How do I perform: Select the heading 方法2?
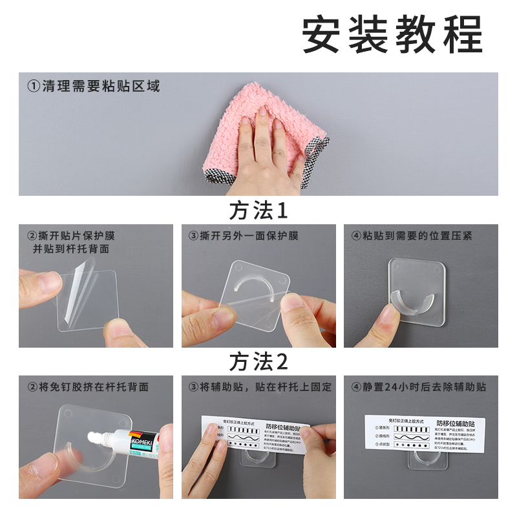(258, 362)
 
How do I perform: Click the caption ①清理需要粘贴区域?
(93, 86)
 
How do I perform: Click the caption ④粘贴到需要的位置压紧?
(412, 236)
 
